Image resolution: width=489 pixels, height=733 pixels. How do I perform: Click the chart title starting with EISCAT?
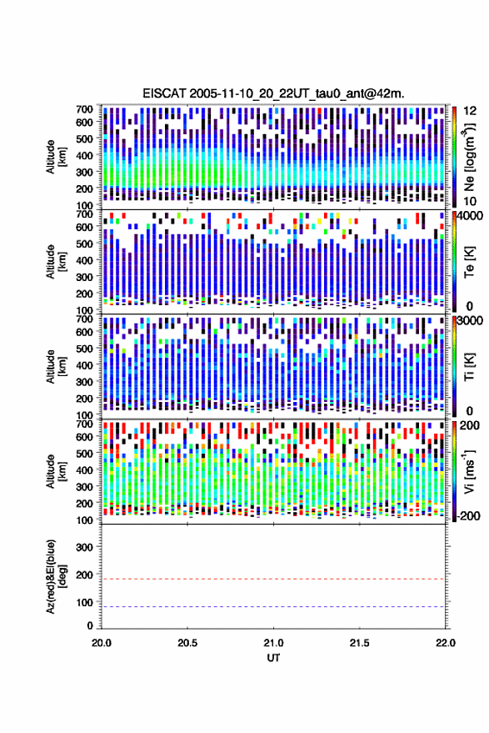click(274, 93)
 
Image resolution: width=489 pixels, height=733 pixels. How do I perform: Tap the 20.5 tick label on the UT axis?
click(187, 643)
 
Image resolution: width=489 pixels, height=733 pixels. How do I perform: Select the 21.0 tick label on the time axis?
click(273, 643)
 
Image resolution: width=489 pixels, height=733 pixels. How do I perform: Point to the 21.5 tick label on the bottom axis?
click(359, 643)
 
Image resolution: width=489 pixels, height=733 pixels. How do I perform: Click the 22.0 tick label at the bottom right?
click(445, 643)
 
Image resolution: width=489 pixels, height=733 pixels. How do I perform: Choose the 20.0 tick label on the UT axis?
click(102, 643)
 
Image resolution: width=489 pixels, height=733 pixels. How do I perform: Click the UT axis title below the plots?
click(273, 658)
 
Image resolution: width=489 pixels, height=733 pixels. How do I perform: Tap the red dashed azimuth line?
click(274, 579)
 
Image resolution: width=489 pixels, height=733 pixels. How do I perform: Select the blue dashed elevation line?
click(274, 607)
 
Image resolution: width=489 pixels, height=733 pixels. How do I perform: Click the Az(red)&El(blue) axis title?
click(56, 576)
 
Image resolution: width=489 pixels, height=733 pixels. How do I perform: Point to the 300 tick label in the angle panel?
click(84, 547)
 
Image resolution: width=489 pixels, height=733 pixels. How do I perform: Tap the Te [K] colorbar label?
click(469, 262)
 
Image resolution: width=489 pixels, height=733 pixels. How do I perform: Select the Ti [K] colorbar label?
click(469, 367)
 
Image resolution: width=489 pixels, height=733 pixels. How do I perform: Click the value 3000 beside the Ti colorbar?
click(471, 321)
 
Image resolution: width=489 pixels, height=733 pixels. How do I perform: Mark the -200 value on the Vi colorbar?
click(468, 516)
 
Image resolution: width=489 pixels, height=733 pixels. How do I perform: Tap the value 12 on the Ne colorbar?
click(471, 111)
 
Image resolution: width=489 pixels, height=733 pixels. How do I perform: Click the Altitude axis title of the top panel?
click(56, 157)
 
